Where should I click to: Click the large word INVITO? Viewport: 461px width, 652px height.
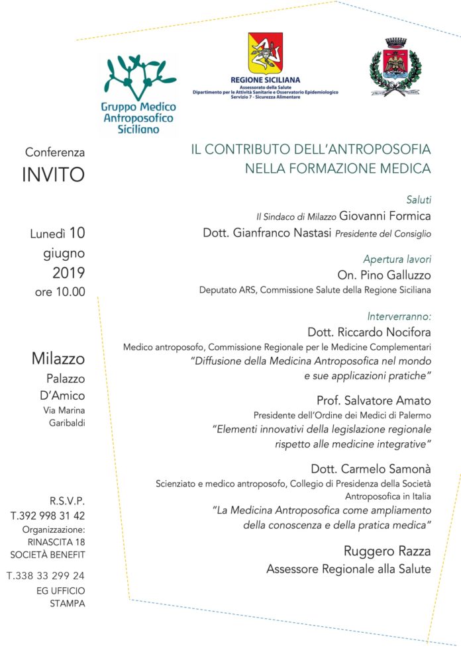point(54,175)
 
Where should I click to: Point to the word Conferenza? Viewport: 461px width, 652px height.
point(56,152)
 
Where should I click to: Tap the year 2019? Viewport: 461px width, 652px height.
point(69,273)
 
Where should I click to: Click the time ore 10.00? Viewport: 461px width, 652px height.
point(60,292)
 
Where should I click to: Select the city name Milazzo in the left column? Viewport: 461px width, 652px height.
point(58,359)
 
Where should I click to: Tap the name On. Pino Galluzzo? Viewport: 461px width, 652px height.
point(384,275)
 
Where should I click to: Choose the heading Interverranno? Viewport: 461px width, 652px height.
point(399,316)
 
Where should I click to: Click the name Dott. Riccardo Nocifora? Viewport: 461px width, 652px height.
point(369,331)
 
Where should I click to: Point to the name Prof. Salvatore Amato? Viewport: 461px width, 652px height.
point(374,400)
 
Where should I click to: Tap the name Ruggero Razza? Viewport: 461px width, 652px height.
point(387,551)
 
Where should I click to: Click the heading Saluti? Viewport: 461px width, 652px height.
point(419,199)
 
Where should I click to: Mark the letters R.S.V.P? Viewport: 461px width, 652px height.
point(67,500)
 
